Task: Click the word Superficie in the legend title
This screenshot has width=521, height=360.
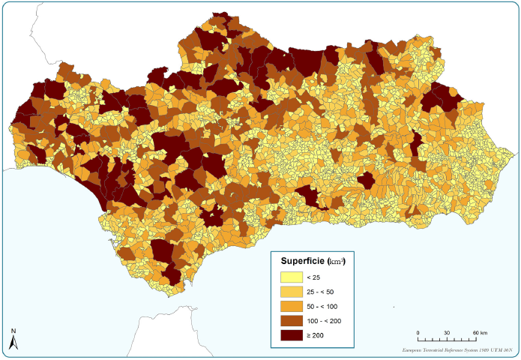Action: click(302, 261)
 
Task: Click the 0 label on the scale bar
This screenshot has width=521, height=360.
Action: click(418, 333)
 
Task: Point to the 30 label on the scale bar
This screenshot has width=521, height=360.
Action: click(447, 333)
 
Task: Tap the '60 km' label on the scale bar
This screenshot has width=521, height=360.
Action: click(479, 333)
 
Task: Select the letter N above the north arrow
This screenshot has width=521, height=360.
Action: click(13, 331)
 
